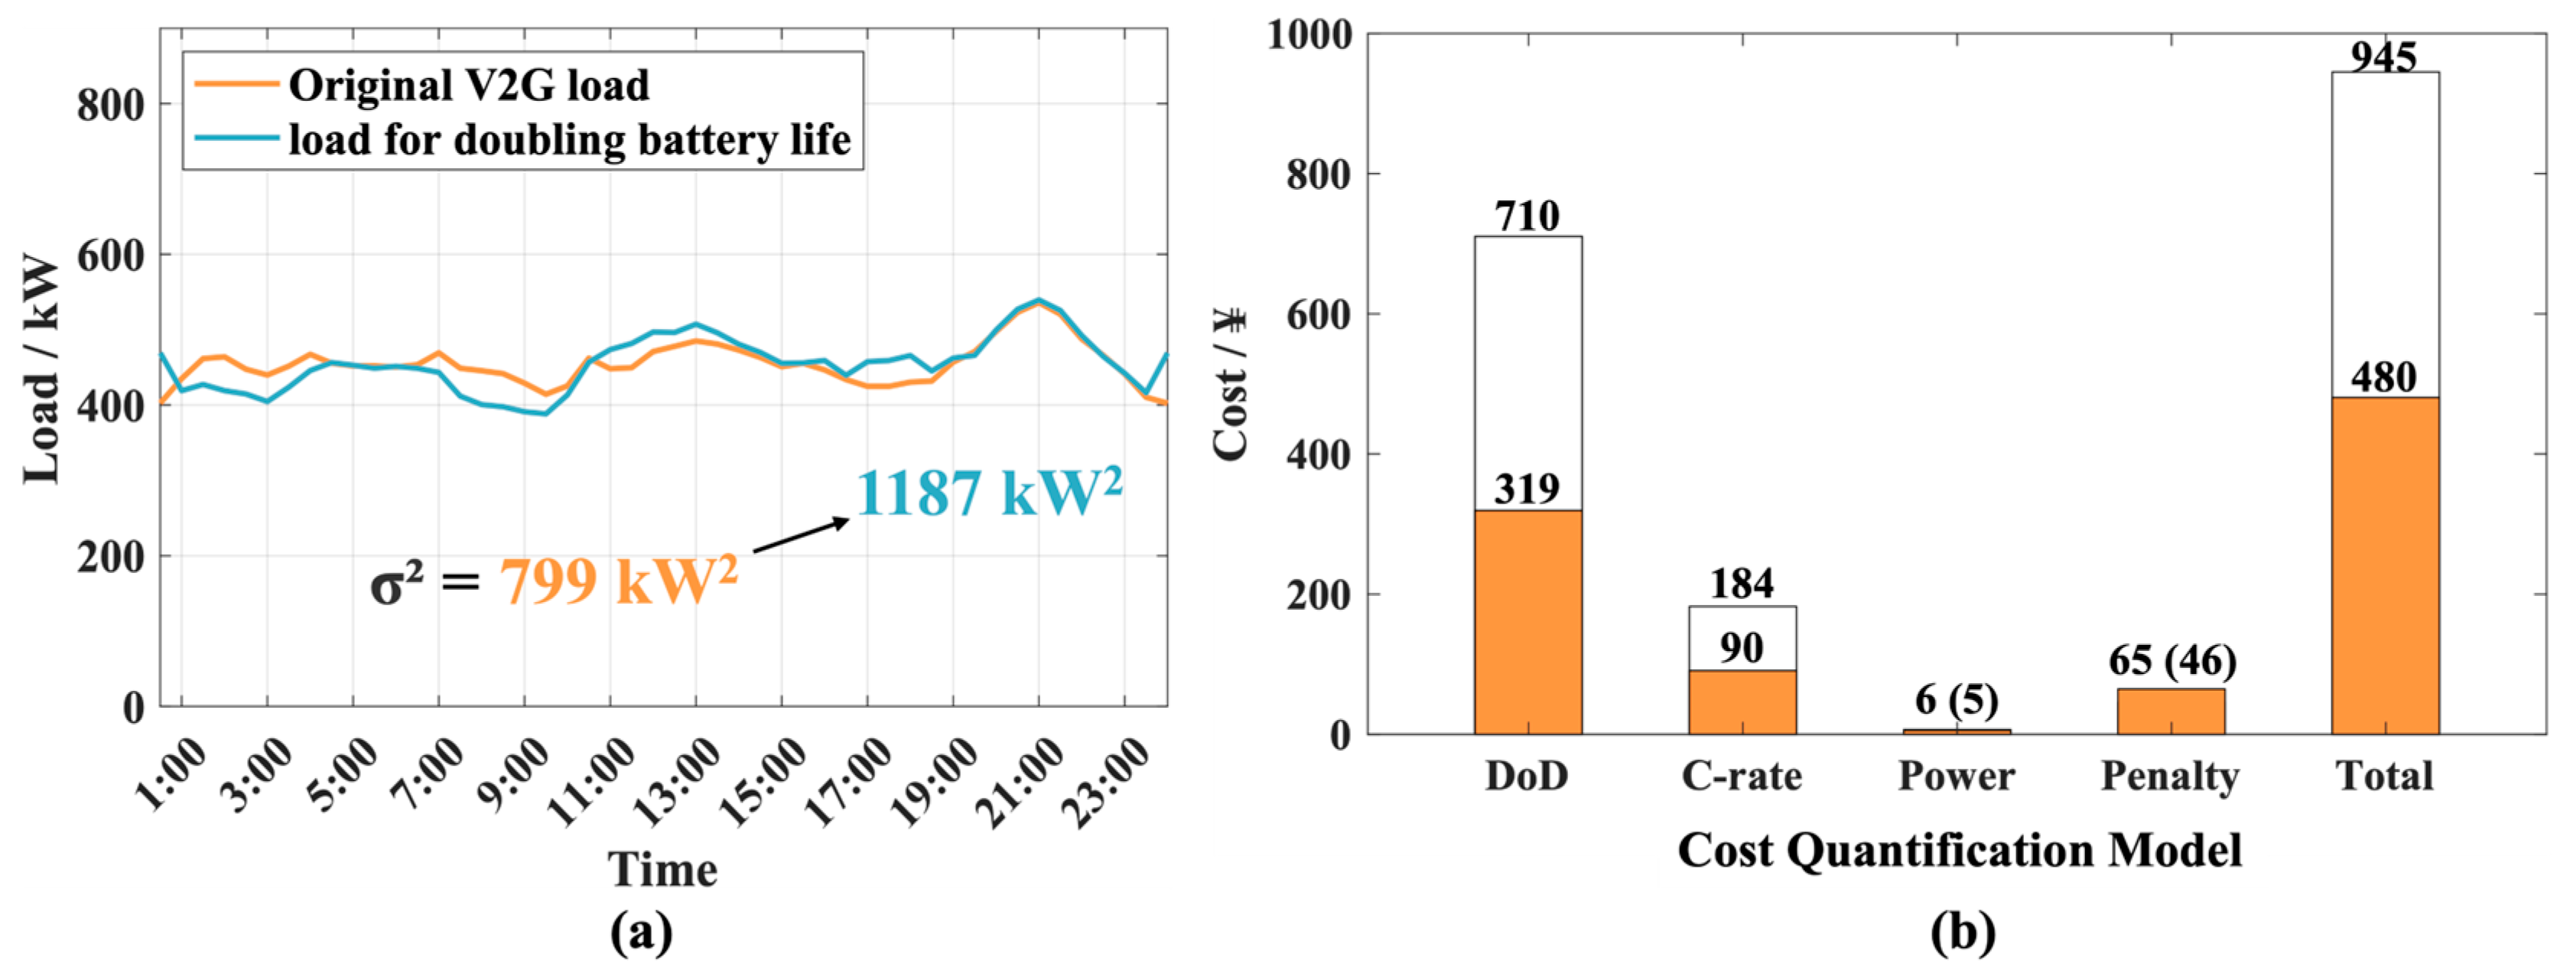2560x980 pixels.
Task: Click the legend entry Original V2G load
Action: point(467,86)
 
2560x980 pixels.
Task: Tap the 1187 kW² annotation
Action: point(988,493)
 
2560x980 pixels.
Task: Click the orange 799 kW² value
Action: point(617,581)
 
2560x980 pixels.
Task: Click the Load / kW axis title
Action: point(42,370)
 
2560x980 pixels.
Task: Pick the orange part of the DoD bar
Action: point(1527,622)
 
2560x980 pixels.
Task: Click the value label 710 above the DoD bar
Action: point(1527,216)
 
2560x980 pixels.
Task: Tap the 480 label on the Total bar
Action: point(2384,378)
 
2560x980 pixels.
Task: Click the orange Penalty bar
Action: point(2171,711)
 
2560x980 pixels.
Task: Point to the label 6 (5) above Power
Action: point(1956,700)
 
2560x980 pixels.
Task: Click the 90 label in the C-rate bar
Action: point(1741,649)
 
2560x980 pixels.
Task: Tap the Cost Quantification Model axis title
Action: point(1959,851)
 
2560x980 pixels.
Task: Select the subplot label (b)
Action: point(1962,933)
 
